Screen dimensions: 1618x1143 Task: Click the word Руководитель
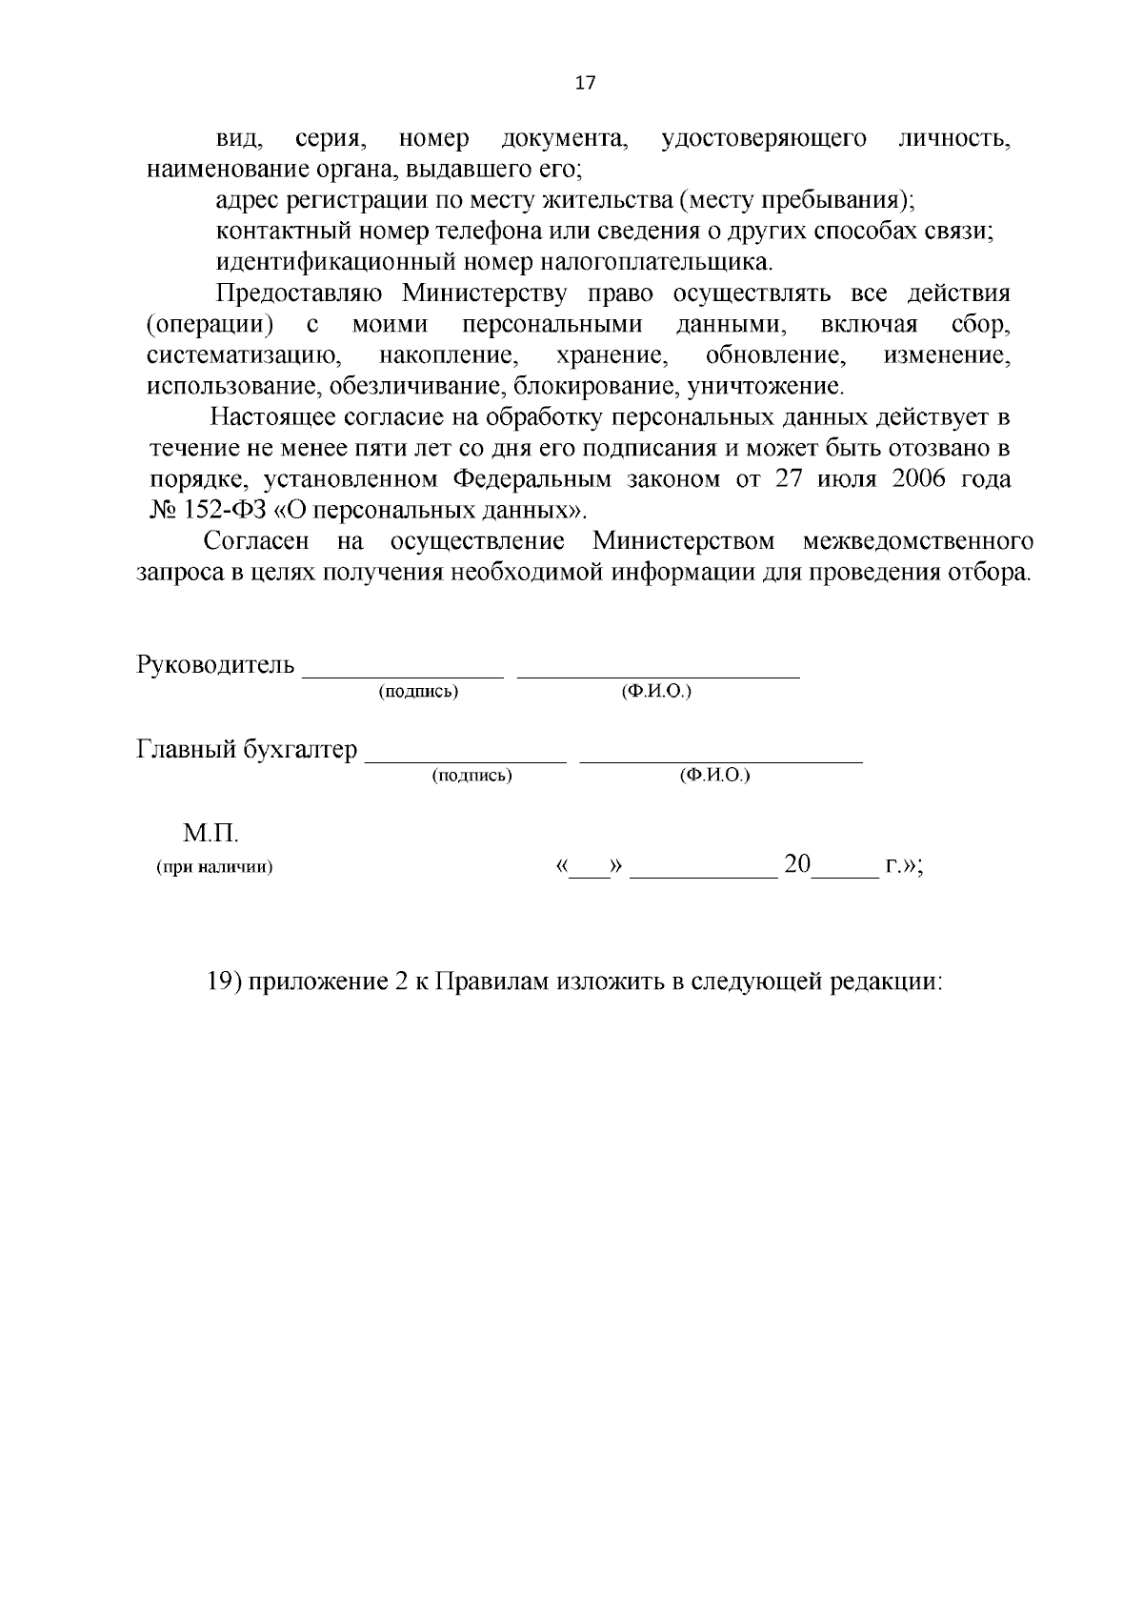click(216, 664)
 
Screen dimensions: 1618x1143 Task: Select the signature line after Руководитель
click(402, 675)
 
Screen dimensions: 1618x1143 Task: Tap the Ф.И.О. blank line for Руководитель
click(657, 675)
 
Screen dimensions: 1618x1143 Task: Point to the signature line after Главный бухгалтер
click(467, 760)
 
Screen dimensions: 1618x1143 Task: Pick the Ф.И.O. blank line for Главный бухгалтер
click(721, 760)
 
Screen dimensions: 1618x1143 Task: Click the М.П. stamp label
click(211, 834)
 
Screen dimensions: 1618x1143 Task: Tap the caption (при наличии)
click(214, 867)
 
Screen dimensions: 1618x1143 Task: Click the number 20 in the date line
click(796, 865)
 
